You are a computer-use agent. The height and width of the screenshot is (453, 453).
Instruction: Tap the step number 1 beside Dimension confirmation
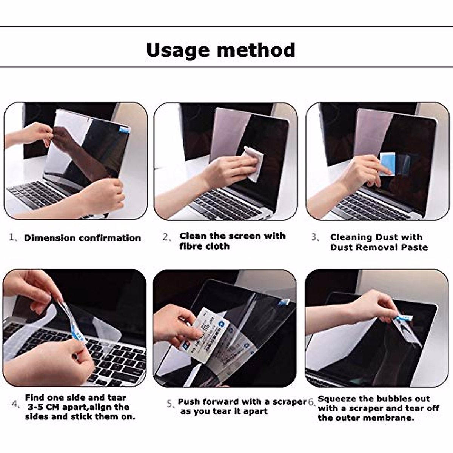pyautogui.click(x=12, y=237)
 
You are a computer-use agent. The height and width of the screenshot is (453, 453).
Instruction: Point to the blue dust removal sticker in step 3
pyautogui.click(x=388, y=163)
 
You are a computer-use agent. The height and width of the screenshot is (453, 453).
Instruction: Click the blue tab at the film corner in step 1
pyautogui.click(x=124, y=129)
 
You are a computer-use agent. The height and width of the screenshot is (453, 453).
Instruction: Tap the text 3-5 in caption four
pyautogui.click(x=36, y=407)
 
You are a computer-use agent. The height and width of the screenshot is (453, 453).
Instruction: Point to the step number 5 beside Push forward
pyautogui.click(x=170, y=403)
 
